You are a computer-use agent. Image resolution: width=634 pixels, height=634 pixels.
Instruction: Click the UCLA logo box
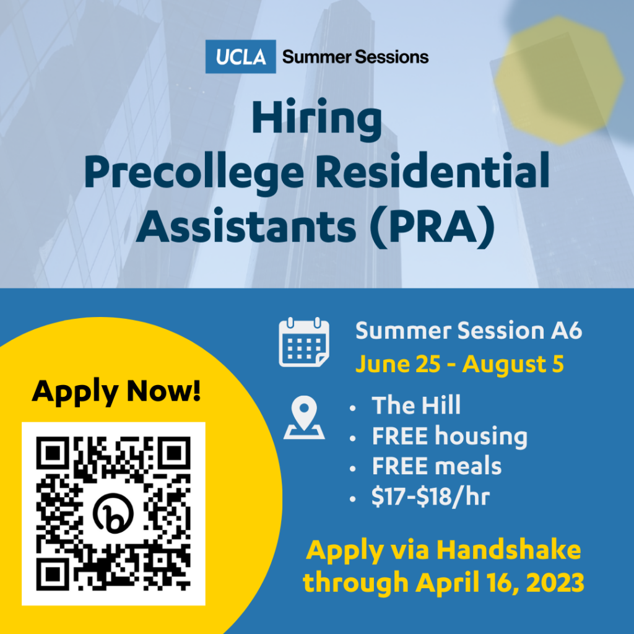pyautogui.click(x=241, y=56)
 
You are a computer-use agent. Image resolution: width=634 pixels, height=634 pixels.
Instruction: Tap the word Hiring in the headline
pyautogui.click(x=317, y=119)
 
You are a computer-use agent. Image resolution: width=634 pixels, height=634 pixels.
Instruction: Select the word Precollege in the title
pyautogui.click(x=194, y=173)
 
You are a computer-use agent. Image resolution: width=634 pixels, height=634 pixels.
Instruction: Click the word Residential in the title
pyautogui.click(x=432, y=170)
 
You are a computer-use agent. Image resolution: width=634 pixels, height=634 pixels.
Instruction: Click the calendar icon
pyautogui.click(x=304, y=342)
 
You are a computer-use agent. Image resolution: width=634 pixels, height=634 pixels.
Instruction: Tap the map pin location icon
pyautogui.click(x=304, y=417)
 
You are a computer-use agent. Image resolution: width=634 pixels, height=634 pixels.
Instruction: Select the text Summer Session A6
pyautogui.click(x=469, y=331)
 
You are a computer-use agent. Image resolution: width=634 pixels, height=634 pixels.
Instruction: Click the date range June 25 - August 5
pyautogui.click(x=459, y=364)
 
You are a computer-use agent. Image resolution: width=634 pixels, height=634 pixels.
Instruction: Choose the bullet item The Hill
pyautogui.click(x=416, y=405)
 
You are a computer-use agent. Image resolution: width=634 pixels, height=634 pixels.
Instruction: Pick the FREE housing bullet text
pyautogui.click(x=449, y=436)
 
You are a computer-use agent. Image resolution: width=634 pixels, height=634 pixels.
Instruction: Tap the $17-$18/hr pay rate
pyautogui.click(x=431, y=497)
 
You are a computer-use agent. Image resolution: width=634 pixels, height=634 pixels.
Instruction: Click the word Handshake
pyautogui.click(x=509, y=550)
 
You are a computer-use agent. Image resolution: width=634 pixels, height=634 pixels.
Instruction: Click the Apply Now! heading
pyautogui.click(x=116, y=391)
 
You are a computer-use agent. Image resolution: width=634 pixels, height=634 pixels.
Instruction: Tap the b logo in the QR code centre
pyautogui.click(x=113, y=513)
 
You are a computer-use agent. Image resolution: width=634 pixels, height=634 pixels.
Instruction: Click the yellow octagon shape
pyautogui.click(x=559, y=80)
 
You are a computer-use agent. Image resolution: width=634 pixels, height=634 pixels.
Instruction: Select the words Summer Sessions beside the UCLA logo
pyautogui.click(x=355, y=57)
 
